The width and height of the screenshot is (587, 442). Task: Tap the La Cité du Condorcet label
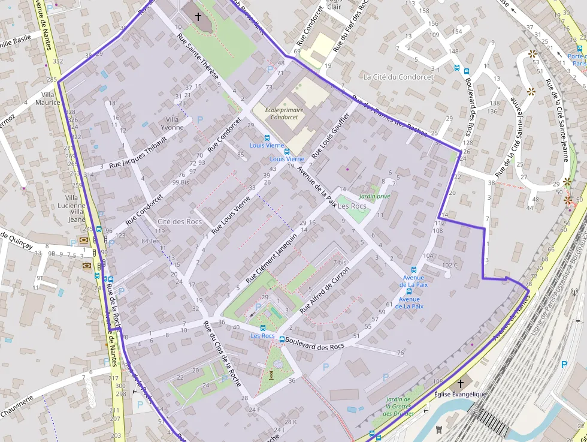tap(398, 77)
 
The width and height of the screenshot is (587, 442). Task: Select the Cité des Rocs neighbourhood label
tap(176, 221)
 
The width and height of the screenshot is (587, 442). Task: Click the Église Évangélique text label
tap(460, 394)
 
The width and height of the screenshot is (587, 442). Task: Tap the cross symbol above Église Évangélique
tap(460, 383)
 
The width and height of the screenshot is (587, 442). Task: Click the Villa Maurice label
tap(48, 98)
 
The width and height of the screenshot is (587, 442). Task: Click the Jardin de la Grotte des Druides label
tap(398, 407)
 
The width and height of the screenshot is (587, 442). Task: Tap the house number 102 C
tap(449, 265)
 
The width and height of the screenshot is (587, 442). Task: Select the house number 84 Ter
tap(150, 241)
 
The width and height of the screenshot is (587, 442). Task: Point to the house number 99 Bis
tap(180, 182)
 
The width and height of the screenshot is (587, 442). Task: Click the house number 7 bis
tap(338, 263)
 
